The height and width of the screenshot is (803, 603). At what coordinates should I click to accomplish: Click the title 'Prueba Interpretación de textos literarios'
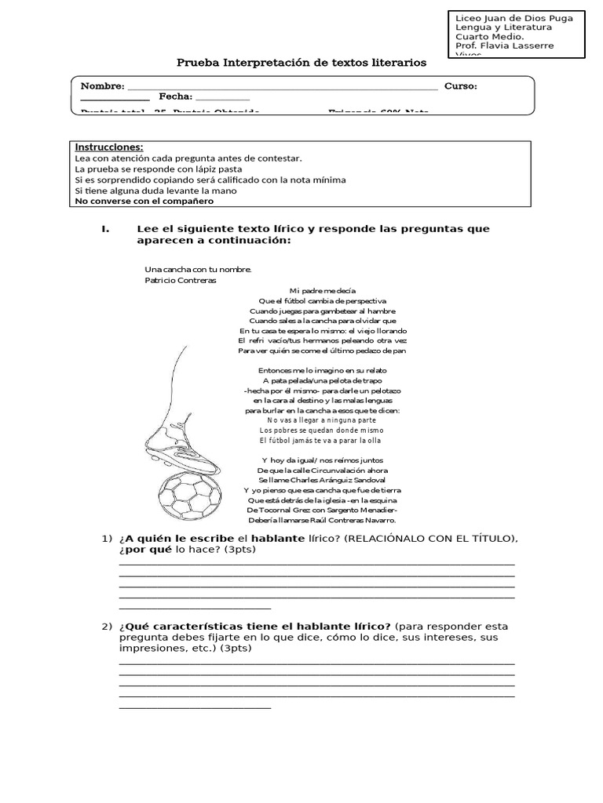click(301, 62)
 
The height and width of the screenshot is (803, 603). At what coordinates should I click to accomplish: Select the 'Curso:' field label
click(461, 85)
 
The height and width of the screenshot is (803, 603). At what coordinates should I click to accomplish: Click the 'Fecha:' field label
click(175, 96)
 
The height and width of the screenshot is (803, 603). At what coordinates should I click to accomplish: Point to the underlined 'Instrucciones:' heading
click(108, 147)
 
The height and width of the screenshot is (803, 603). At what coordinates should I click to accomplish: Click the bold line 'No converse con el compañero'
click(144, 201)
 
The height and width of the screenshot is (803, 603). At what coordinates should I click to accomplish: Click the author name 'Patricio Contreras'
click(181, 279)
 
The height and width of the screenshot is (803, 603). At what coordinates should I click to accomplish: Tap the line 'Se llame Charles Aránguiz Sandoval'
click(322, 479)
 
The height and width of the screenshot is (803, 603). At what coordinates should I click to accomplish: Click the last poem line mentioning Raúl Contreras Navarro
click(322, 520)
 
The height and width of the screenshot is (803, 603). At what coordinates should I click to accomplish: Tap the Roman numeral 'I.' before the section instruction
click(106, 229)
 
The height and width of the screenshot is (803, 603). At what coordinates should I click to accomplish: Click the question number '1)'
click(108, 538)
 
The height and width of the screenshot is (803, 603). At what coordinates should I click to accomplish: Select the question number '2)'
click(108, 626)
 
